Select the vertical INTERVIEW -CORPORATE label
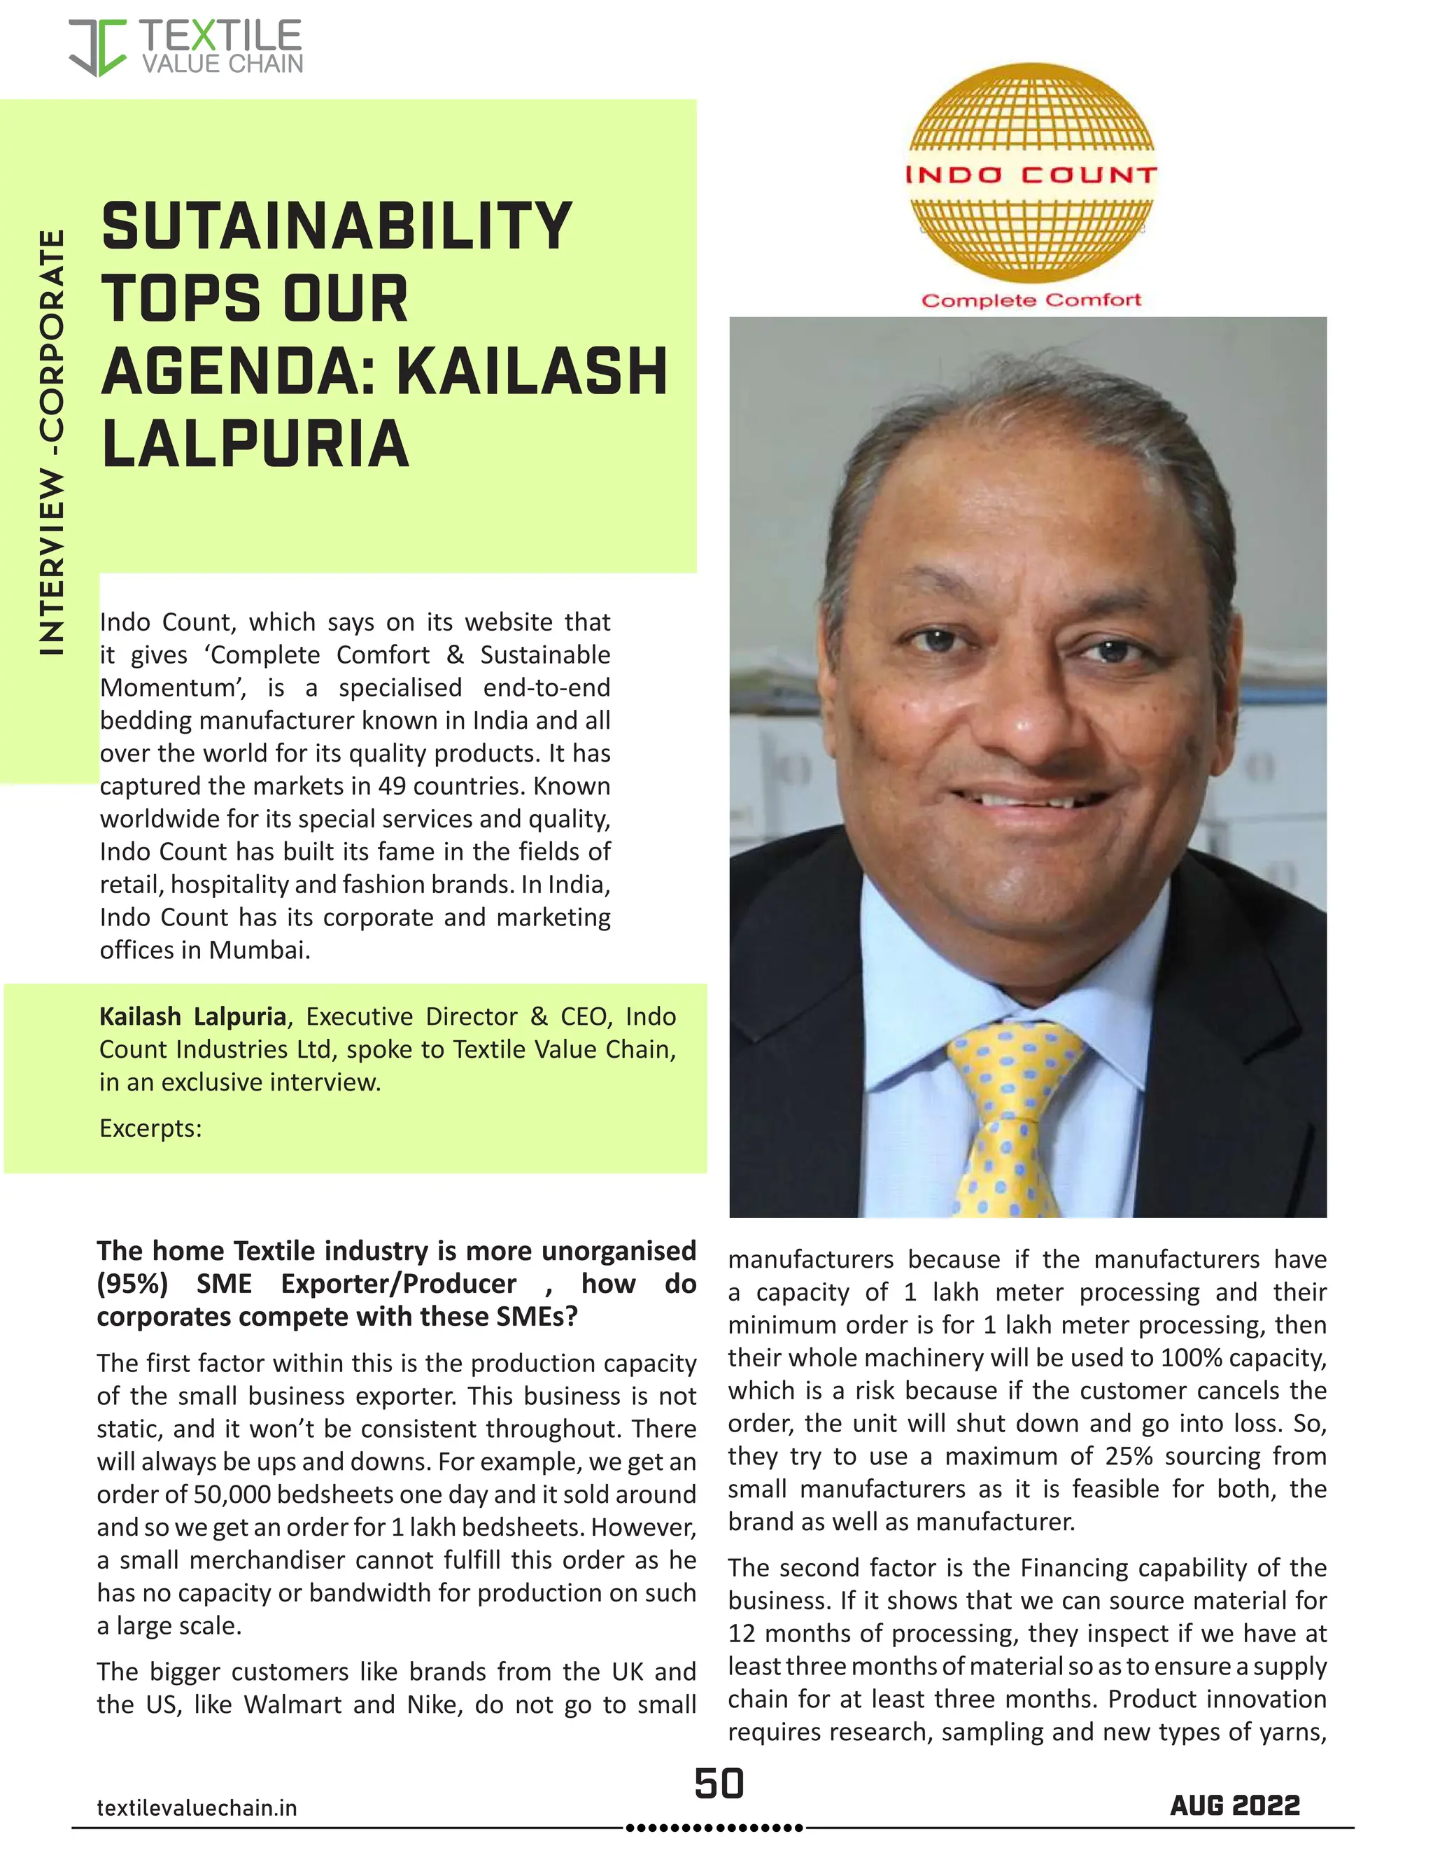pos(52,442)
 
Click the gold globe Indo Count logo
pos(1031,174)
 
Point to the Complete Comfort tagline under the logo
pos(1031,300)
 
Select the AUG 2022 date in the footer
pos(1234,1805)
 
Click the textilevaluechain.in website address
pos(197,1807)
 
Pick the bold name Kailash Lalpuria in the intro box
pos(192,1016)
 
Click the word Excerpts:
pos(150,1128)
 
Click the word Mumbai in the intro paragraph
pos(259,950)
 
